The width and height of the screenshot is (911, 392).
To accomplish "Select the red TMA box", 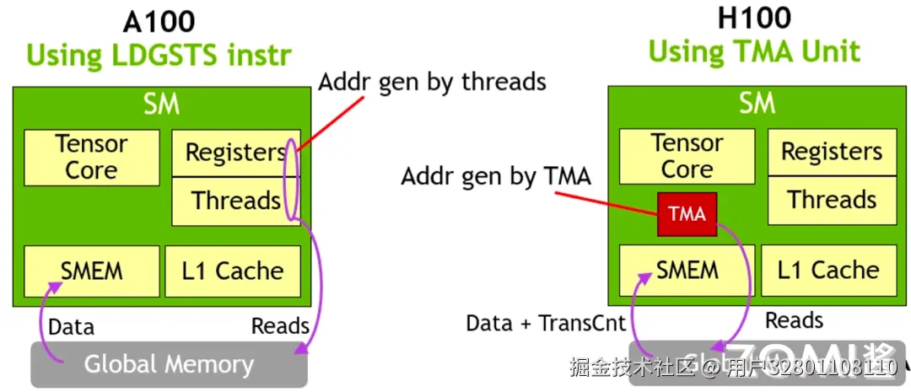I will (687, 214).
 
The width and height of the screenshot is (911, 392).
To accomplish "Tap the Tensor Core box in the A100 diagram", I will (91, 157).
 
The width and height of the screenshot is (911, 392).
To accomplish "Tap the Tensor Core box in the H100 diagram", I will (687, 156).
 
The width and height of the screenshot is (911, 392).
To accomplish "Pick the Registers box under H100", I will (831, 152).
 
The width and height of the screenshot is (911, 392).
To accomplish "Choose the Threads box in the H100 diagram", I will (831, 200).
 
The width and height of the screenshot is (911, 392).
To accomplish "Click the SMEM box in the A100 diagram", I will (91, 271).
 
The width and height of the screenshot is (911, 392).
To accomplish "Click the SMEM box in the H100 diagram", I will (687, 270).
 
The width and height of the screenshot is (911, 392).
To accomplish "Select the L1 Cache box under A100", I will (233, 271).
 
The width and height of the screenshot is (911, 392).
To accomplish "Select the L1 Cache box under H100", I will (828, 270).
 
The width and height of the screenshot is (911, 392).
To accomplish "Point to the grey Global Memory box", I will (169, 364).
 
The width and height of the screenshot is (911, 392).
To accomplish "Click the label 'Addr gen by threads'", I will (432, 81).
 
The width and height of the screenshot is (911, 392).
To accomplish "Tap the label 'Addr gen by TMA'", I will (496, 177).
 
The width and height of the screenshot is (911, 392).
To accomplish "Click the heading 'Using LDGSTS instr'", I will (159, 56).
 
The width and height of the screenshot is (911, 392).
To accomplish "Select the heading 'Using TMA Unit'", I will (755, 52).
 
